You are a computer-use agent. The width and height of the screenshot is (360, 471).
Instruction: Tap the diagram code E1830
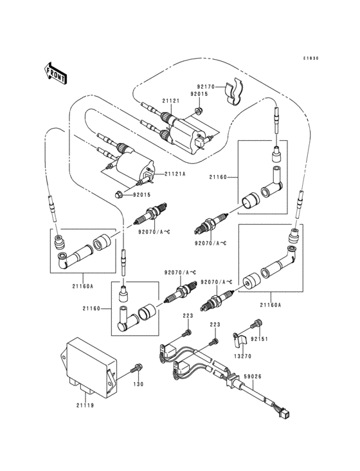(311, 58)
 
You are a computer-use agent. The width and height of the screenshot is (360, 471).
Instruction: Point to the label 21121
(170, 101)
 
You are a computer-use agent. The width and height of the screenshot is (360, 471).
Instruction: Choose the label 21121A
(174, 174)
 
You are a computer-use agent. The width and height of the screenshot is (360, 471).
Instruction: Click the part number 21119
(85, 406)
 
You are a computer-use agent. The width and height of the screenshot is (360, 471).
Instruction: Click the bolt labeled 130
(136, 369)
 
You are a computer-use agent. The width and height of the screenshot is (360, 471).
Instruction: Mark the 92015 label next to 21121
(199, 95)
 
